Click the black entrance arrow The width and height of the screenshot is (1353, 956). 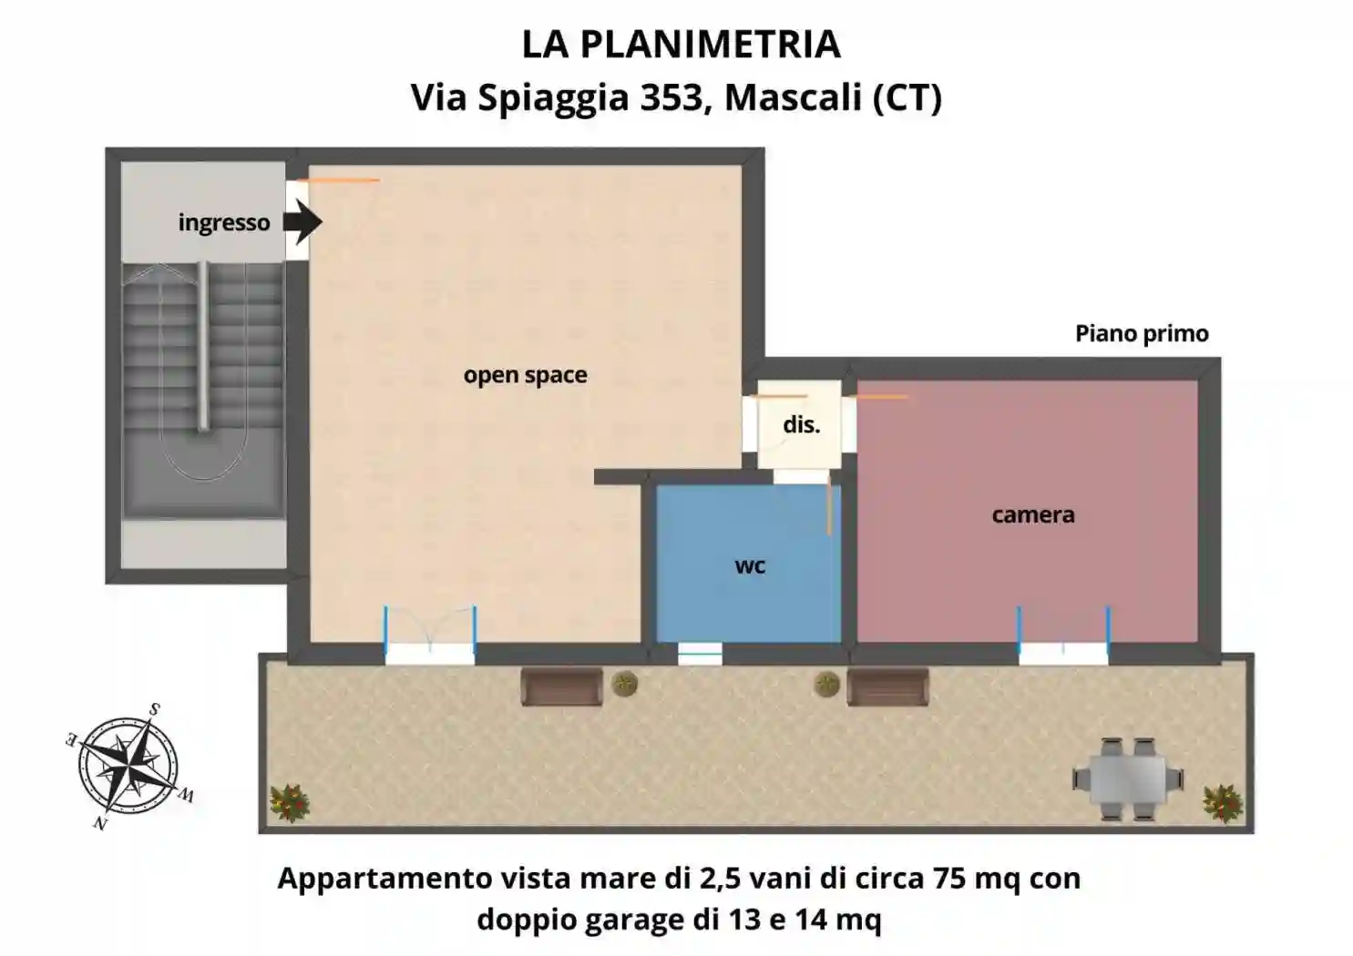(302, 222)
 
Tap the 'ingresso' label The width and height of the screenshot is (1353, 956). (224, 223)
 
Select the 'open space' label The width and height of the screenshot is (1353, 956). (525, 375)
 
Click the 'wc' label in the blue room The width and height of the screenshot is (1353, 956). (750, 565)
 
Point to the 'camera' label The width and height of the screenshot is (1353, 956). (1033, 514)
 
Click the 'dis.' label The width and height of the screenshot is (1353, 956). (802, 424)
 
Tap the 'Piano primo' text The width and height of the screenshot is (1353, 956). (1142, 333)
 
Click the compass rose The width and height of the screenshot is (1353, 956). (129, 765)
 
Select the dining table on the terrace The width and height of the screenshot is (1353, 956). (1127, 779)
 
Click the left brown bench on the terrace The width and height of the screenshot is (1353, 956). (561, 686)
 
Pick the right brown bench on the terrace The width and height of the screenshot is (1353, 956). (887, 686)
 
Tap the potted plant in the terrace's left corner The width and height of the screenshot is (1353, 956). (291, 802)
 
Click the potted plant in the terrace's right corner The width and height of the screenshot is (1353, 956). (1223, 802)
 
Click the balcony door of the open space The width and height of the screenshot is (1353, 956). (430, 648)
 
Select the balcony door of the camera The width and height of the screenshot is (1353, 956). (1063, 648)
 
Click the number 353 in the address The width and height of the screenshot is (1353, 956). (670, 97)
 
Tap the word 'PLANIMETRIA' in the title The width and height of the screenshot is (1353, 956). (710, 44)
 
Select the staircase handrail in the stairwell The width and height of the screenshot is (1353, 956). (203, 346)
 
